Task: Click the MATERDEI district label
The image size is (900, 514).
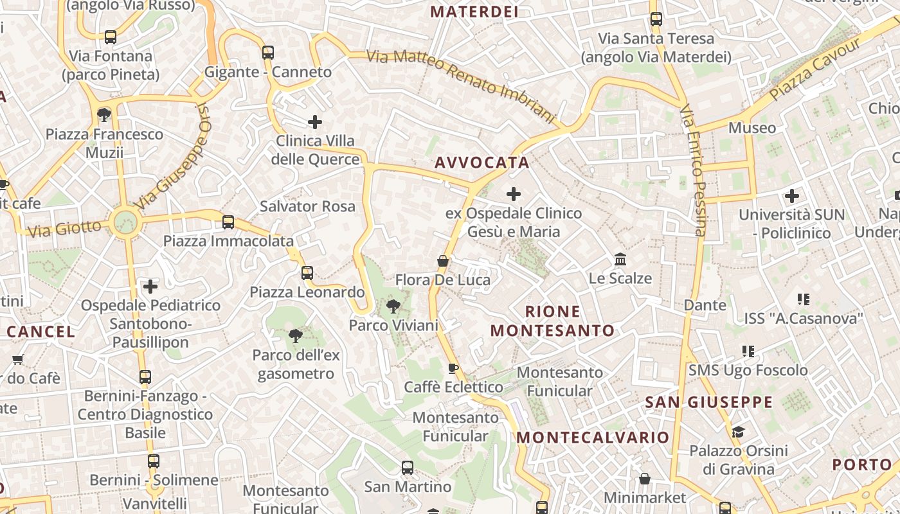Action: [474, 12]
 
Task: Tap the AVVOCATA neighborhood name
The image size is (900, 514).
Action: [482, 163]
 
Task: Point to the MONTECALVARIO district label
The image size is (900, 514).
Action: [593, 438]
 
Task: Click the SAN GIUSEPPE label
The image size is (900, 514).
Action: [708, 402]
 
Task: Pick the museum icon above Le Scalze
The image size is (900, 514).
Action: [620, 260]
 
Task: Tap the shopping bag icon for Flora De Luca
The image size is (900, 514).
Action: [443, 261]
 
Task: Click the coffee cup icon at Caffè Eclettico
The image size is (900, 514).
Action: [453, 368]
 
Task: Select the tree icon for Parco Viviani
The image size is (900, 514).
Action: [393, 306]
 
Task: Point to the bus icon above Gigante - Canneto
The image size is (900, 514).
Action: [268, 53]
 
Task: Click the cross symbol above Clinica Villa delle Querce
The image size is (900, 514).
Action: [315, 121]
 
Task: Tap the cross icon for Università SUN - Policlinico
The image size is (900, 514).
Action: [792, 195]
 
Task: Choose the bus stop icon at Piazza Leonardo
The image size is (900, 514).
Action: [307, 273]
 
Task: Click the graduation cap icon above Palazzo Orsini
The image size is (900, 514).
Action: [738, 431]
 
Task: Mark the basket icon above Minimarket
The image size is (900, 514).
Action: [645, 479]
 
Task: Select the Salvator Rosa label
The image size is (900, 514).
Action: [307, 206]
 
